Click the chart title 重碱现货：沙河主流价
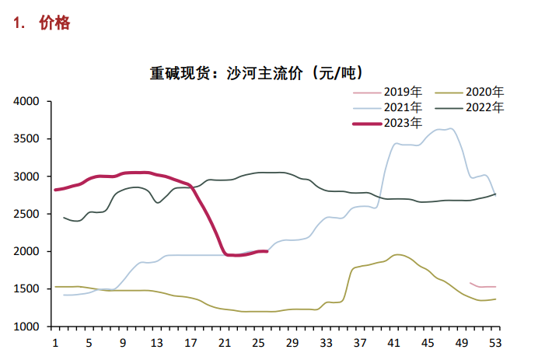256,74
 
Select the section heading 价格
54,23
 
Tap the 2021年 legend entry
403,107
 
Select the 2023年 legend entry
403,123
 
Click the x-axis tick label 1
54,343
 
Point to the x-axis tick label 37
359,343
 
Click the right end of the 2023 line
267,251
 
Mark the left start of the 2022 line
64,217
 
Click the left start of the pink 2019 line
470,283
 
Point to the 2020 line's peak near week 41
397,254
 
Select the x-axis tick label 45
428,343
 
